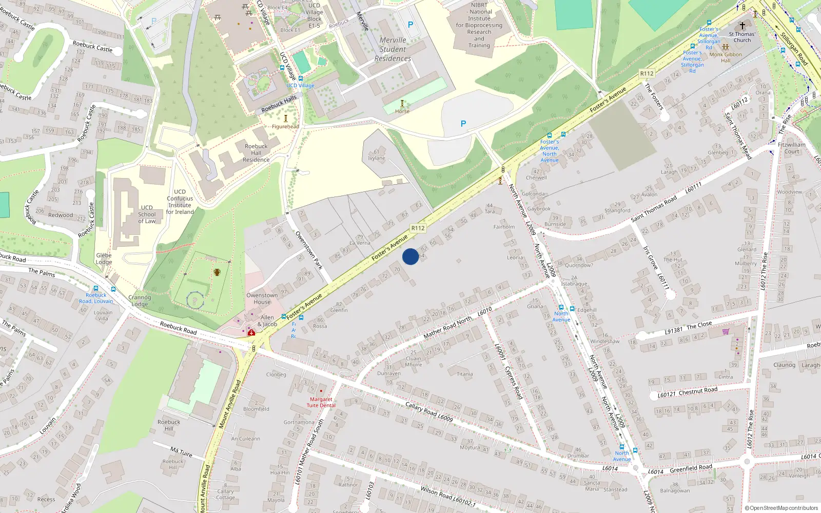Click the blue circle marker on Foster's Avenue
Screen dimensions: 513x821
coord(411,256)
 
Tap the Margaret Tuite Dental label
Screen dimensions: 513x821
coord(321,402)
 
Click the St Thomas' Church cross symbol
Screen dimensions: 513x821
coord(742,26)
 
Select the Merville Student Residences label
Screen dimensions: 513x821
coord(393,49)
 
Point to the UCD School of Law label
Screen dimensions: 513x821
coord(147,214)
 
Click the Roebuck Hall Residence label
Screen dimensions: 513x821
coord(256,153)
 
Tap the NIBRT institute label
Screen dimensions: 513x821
coord(479,25)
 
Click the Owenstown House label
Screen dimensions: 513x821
coord(262,299)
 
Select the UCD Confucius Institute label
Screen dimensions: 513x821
coord(180,202)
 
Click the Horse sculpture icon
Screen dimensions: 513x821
coord(402,104)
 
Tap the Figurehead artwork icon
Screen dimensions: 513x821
coord(286,119)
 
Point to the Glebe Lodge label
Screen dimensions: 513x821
coord(104,259)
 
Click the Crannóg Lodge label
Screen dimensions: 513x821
coord(140,301)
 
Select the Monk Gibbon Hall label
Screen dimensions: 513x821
coord(726,57)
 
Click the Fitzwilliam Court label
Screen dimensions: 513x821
coord(792,148)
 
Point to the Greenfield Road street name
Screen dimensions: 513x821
coord(691,468)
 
